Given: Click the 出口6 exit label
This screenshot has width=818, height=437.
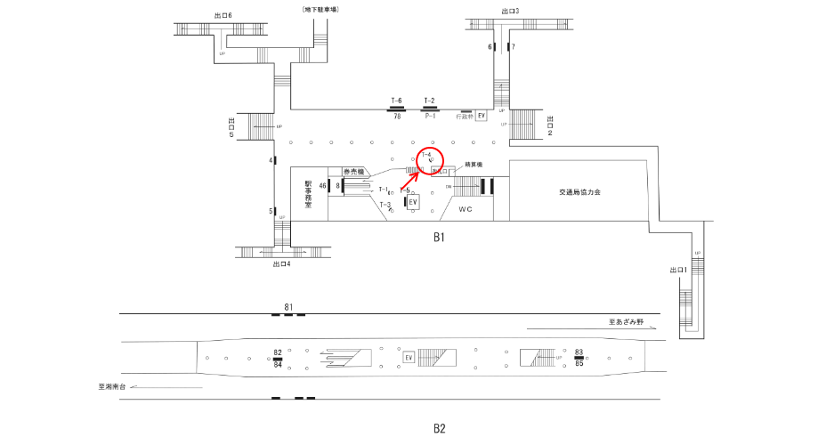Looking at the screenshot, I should (223, 15).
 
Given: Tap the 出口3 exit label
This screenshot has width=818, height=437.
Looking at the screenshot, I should (511, 12).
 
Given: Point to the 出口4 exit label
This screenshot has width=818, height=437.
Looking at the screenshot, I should (282, 263).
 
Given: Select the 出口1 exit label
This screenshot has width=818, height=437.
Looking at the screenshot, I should (678, 270).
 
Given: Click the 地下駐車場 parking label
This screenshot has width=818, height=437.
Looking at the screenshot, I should (321, 9).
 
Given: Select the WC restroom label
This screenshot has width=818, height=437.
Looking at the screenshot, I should (465, 209).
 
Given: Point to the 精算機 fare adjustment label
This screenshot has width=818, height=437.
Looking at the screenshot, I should (473, 166).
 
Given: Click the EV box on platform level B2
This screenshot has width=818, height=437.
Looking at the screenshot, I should (409, 358).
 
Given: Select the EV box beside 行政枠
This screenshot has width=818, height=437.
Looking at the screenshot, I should (482, 116).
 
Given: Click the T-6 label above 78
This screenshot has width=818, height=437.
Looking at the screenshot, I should (397, 101).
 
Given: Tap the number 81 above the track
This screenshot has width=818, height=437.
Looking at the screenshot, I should (288, 308).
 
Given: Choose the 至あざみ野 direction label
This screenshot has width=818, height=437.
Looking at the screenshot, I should (633, 323).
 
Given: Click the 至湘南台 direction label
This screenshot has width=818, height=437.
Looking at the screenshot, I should (117, 387).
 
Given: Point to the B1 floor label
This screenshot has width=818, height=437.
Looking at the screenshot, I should (439, 238).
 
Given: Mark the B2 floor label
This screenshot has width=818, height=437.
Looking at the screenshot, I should (439, 428).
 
